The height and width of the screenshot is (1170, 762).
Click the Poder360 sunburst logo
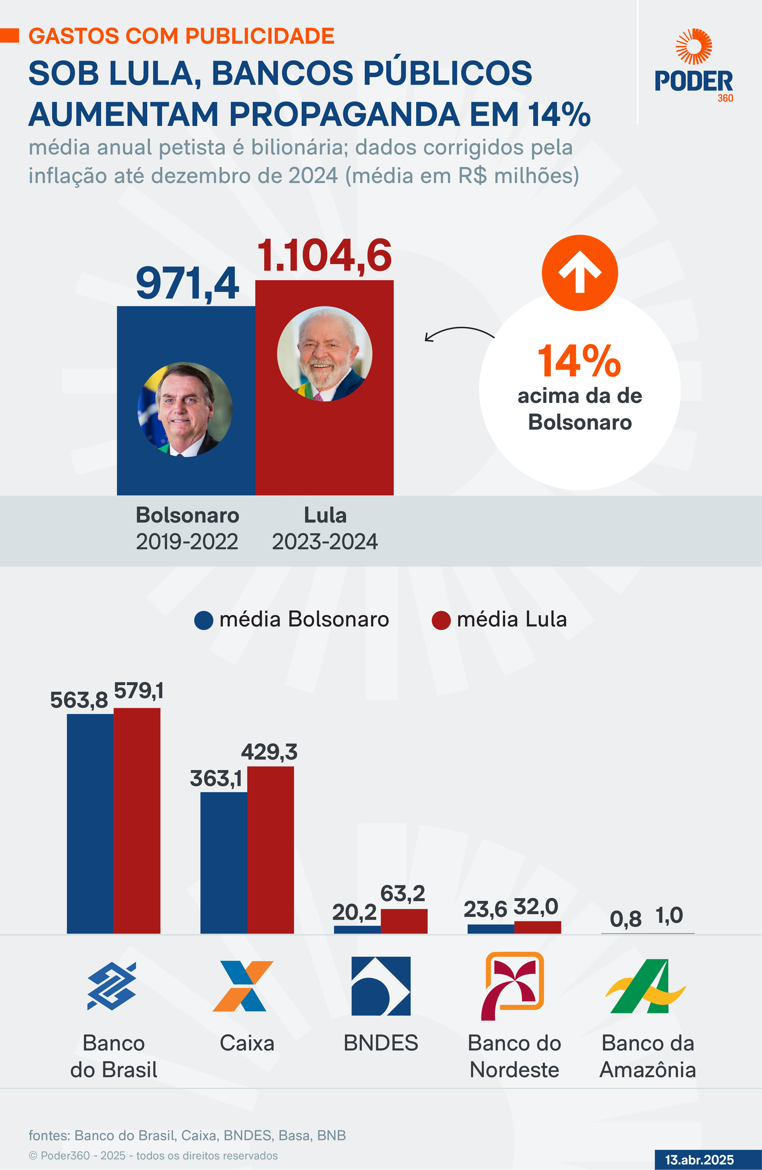point(693,47)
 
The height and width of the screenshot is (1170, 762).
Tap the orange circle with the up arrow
point(580,273)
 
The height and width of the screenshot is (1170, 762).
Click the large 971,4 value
point(188,284)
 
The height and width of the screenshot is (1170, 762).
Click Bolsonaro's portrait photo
point(185,410)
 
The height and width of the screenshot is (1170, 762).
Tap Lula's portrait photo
point(325,354)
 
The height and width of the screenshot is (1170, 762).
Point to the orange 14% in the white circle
point(579,361)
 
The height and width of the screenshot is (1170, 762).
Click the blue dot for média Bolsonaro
point(204,620)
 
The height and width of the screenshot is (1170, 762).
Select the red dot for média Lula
point(441,620)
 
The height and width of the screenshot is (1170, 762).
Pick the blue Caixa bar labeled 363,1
point(223,862)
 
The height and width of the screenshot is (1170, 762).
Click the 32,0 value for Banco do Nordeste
point(536,906)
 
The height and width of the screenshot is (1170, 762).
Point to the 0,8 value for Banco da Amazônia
point(625,918)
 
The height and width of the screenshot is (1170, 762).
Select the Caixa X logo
point(242,986)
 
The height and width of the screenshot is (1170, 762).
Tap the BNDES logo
point(381,986)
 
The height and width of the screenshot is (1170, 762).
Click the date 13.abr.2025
point(699,1160)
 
